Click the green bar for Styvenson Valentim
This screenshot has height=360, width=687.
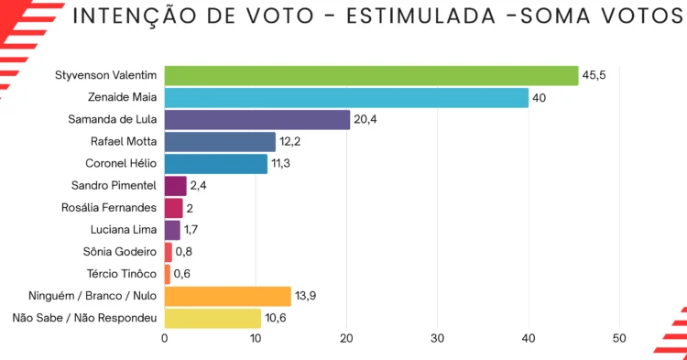coord(372,76)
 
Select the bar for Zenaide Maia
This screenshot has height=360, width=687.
coord(346,98)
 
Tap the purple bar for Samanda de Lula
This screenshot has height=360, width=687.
coord(257,120)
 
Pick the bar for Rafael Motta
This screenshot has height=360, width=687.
coord(220,142)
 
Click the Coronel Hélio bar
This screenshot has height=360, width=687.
coord(216,164)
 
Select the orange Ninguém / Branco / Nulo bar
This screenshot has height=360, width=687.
coord(228,297)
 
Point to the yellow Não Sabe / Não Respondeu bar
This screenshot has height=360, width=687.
coord(213,319)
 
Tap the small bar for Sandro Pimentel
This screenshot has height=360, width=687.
coord(176,186)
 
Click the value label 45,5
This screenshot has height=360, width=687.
coord(594,75)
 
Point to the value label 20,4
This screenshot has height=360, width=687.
coord(365,120)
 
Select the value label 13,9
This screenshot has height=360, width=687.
coord(305,296)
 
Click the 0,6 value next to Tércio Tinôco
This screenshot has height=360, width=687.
coord(182,274)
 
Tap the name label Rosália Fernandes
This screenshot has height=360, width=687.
coord(109,208)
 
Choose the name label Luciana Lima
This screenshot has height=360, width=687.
coord(124,230)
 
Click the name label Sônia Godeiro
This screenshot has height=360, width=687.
coord(120,252)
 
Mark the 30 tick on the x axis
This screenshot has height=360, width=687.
coord(437,339)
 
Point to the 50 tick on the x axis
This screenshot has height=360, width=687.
coord(619,339)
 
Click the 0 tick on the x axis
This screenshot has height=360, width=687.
coord(165,339)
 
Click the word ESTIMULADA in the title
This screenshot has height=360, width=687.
coord(421,16)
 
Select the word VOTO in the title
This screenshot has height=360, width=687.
coord(280,16)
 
